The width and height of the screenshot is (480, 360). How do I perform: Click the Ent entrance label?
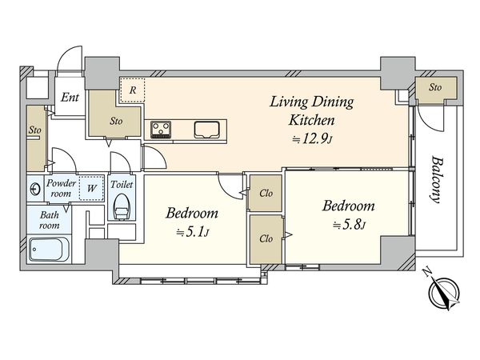(70, 98)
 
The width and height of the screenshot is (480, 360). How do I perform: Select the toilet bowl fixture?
(122, 206)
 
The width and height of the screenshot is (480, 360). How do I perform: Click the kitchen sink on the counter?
(207, 130)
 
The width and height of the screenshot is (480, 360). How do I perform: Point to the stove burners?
(161, 129)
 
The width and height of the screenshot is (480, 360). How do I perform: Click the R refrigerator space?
(132, 90)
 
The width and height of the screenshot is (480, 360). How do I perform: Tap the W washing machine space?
(91, 188)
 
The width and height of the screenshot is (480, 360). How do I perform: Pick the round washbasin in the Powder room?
(35, 189)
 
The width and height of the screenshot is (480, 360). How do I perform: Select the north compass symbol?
(442, 290)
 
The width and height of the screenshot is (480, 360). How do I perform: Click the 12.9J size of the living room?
(312, 139)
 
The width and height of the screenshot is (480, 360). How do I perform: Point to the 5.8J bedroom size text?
(349, 226)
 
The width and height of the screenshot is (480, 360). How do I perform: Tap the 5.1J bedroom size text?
(192, 233)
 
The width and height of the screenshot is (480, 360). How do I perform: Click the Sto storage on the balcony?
(435, 87)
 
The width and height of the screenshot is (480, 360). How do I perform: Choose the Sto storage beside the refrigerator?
(116, 122)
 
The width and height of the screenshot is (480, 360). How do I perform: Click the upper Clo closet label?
(266, 193)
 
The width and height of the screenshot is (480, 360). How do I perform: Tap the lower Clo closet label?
(266, 238)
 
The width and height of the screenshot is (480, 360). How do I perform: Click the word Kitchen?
(312, 120)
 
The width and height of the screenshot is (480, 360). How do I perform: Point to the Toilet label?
(122, 184)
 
